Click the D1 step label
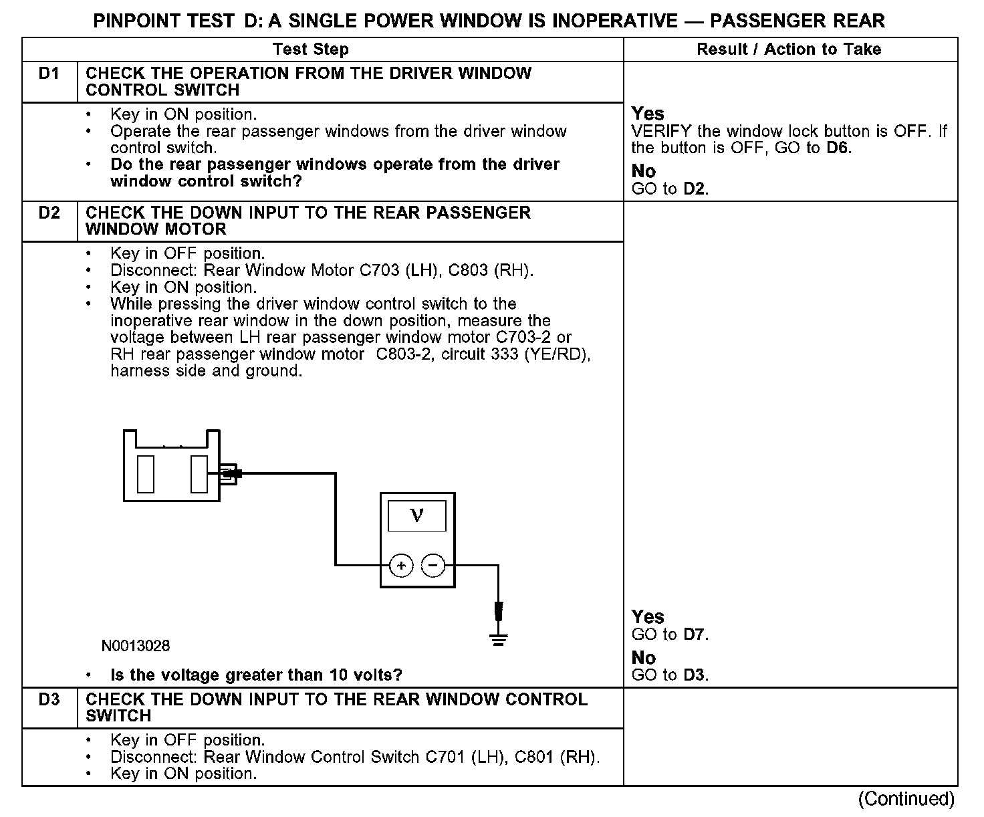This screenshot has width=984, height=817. click(49, 74)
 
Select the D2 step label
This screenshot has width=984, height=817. click(49, 213)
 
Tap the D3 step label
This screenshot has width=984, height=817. click(49, 699)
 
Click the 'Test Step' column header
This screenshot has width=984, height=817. click(310, 49)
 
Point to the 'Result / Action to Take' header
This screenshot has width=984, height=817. click(789, 49)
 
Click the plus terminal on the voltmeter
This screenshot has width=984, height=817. click(401, 566)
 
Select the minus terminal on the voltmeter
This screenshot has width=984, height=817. click(433, 566)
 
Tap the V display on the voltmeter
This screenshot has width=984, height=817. click(417, 515)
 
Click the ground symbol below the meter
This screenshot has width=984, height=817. click(498, 638)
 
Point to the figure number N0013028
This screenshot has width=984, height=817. click(136, 646)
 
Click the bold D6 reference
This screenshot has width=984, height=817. click(838, 148)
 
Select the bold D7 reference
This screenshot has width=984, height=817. click(695, 634)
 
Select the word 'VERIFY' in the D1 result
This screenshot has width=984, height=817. click(661, 131)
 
